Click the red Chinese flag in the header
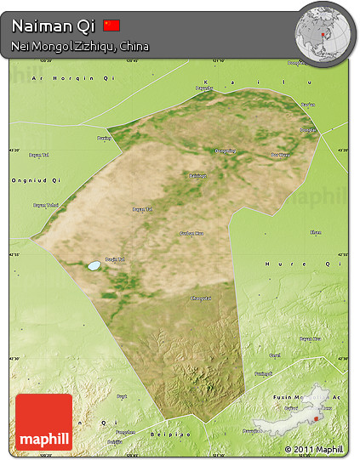click(111, 26)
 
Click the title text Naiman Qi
click(53, 26)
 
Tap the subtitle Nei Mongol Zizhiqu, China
click(81, 46)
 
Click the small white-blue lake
click(93, 265)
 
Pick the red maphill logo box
click(43, 422)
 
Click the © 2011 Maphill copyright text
click(314, 449)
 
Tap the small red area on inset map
click(316, 417)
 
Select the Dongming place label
click(225, 151)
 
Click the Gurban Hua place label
click(191, 233)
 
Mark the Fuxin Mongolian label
click(311, 397)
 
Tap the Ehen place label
click(315, 231)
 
